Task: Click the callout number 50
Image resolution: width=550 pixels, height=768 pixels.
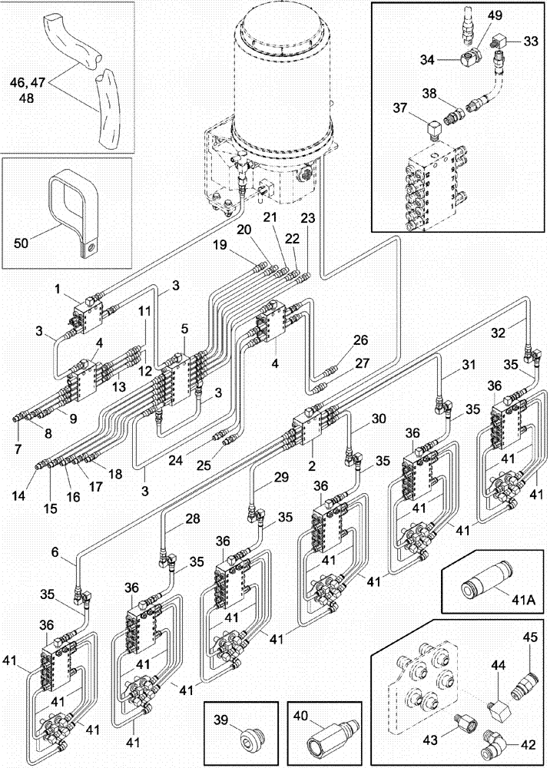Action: (x=24, y=244)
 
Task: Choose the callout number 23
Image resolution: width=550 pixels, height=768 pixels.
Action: (x=307, y=217)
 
